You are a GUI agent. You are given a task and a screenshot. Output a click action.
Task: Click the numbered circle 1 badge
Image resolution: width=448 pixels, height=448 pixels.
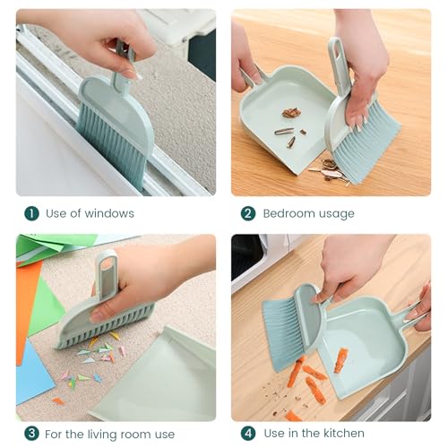point(31,213)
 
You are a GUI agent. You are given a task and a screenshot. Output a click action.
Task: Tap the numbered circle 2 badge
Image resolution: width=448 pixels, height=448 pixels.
point(248,213)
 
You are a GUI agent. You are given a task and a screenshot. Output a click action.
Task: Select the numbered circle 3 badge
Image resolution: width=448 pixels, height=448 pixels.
point(31,433)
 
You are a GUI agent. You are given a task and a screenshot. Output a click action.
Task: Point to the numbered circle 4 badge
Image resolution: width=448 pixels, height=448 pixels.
point(248,433)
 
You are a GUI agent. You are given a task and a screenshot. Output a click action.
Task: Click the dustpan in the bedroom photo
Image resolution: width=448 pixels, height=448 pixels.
point(282,125)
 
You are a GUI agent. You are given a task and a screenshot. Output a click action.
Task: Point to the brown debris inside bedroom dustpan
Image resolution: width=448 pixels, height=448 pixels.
point(290,113)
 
